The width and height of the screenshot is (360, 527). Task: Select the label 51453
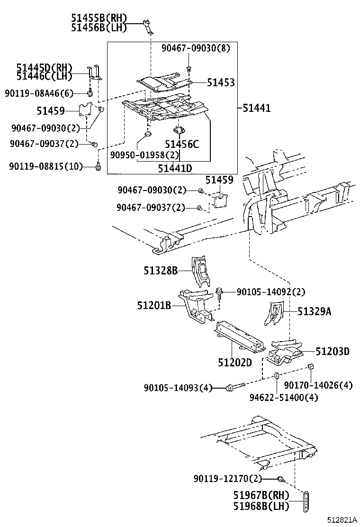(221, 83)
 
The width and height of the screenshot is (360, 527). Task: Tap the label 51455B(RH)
(99, 18)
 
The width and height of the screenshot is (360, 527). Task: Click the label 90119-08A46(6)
(39, 93)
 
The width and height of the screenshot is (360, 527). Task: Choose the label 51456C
(182, 145)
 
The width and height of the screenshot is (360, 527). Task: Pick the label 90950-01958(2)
(145, 155)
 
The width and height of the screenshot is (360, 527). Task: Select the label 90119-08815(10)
(46, 166)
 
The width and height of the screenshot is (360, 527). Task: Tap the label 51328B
(161, 271)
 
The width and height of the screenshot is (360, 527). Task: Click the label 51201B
(154, 306)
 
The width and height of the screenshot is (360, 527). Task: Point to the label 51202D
(235, 362)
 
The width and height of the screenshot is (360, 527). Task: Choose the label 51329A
(315, 311)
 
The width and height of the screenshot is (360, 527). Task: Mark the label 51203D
(333, 351)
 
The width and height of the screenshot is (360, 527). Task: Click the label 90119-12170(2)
(227, 479)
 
